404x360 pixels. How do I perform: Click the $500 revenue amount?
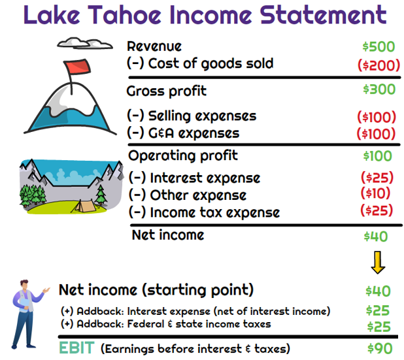379,47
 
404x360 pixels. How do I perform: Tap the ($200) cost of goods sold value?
379,65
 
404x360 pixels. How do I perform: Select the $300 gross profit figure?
379,90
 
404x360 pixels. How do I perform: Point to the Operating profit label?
183,155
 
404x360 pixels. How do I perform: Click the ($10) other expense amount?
375,193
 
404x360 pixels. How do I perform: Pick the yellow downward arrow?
378,263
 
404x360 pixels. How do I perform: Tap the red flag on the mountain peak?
77,67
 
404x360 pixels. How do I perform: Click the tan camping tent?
84,206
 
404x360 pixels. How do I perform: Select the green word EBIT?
76,348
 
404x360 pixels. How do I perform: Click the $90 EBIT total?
380,348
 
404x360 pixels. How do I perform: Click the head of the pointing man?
24,285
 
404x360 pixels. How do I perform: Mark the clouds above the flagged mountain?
85,43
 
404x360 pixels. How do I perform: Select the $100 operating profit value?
377,156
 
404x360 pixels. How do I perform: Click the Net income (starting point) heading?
156,290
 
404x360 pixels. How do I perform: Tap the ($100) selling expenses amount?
377,117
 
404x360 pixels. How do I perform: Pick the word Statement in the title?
323,15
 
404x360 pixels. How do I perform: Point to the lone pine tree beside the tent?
101,195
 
